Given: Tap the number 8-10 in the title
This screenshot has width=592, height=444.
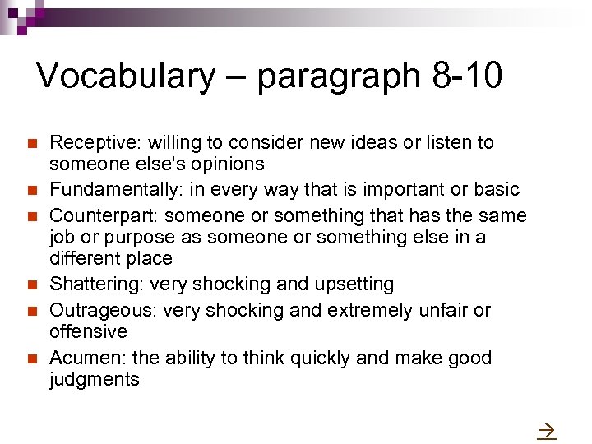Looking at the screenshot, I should coord(466,76).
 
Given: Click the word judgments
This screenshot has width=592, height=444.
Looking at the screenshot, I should coord(95,380).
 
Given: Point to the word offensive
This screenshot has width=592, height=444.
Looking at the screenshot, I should coord(89,332).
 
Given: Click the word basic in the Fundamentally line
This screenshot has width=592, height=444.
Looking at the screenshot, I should coord(497,190).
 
